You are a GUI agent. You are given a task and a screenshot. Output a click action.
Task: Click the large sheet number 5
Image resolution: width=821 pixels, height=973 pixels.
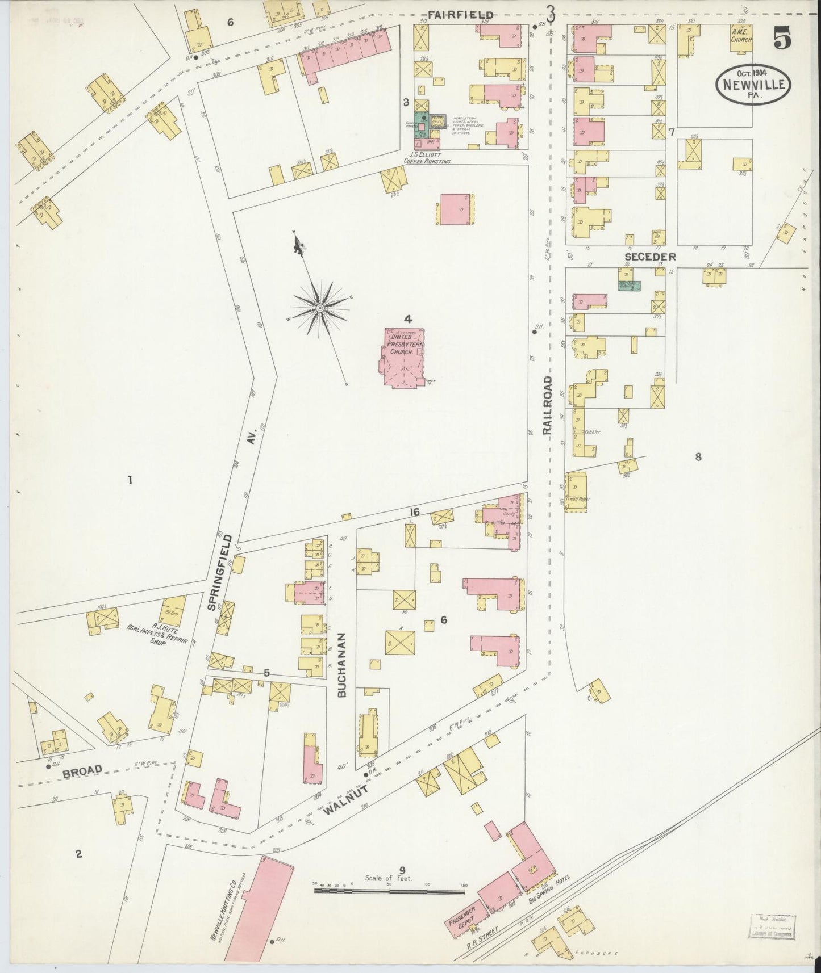coord(782,40)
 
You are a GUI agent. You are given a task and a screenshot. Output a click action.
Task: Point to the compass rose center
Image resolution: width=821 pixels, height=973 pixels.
coord(320,308)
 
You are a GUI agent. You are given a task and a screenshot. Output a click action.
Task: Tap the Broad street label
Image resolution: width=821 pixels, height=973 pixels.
coord(82,770)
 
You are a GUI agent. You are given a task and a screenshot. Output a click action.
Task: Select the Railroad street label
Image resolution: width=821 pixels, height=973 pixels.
coord(548,405)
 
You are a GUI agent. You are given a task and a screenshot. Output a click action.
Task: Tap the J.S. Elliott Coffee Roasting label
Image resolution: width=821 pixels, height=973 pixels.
coord(427,157)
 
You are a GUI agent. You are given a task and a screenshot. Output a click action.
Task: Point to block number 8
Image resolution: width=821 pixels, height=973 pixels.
coord(698,456)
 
